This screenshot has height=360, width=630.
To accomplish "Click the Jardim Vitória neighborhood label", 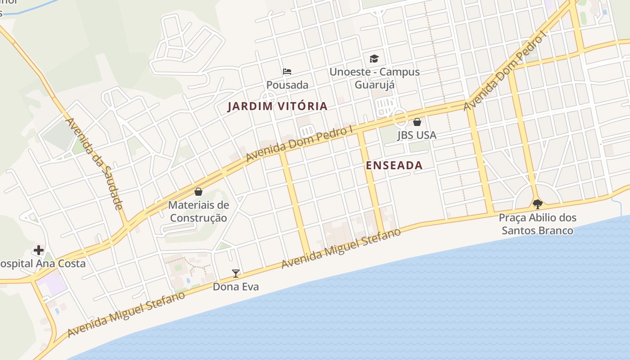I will pyautogui.click(x=277, y=107).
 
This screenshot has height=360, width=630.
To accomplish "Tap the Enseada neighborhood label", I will pyautogui.click(x=394, y=166).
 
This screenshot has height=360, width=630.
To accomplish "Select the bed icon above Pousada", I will pyautogui.click(x=287, y=72).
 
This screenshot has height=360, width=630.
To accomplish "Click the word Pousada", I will pyautogui.click(x=287, y=85).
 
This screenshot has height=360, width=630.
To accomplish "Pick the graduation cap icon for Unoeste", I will pyautogui.click(x=374, y=58).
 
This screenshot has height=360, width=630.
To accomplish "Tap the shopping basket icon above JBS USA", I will pyautogui.click(x=417, y=122).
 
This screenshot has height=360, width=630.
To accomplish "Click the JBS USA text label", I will pyautogui.click(x=417, y=135).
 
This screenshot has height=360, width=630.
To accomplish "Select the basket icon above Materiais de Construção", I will pyautogui.click(x=198, y=192).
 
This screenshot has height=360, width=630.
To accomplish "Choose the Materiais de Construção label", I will pyautogui.click(x=198, y=211).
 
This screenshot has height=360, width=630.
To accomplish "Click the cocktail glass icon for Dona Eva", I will pyautogui.click(x=235, y=273).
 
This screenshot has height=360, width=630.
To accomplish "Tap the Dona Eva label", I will pyautogui.click(x=235, y=287).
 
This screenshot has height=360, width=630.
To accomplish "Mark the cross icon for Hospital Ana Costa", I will pyautogui.click(x=39, y=250).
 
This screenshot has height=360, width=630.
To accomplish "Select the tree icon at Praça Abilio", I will pyautogui.click(x=537, y=204).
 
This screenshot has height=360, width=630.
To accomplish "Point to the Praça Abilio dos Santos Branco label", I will pyautogui.click(x=537, y=224).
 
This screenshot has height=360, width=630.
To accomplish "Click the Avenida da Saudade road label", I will pyautogui.click(x=94, y=164).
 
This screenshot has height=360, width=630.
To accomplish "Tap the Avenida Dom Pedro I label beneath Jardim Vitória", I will pyautogui.click(x=299, y=144).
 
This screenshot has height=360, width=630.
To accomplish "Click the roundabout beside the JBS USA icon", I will pyautogui.click(x=400, y=118).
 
